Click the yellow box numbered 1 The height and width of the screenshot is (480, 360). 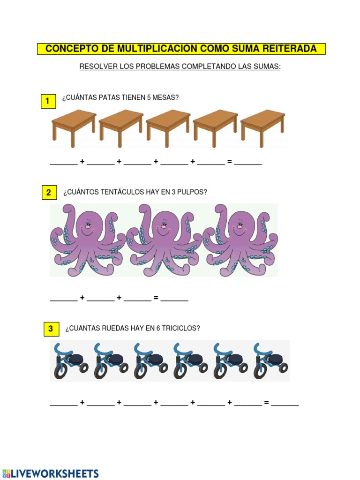point(48,101)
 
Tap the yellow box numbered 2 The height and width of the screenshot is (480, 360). point(49,192)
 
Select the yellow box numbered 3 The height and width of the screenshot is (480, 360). point(51,329)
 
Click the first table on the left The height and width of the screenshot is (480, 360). point(74,128)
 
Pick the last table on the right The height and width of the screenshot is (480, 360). point(263,128)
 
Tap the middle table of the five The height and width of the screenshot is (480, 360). point(168,128)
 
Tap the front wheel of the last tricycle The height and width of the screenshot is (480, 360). point(260,371)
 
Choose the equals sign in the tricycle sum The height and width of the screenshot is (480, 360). point(266,403)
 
